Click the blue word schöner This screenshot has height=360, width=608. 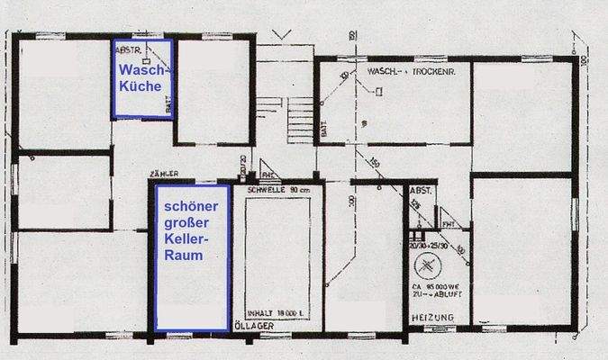pyautogui.click(x=190, y=206)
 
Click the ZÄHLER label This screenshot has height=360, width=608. pyautogui.click(x=163, y=173)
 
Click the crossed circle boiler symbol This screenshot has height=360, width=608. pyautogui.click(x=427, y=267)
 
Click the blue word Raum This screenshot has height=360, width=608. pyautogui.click(x=184, y=256)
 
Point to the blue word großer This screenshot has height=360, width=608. pyautogui.click(x=186, y=222)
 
